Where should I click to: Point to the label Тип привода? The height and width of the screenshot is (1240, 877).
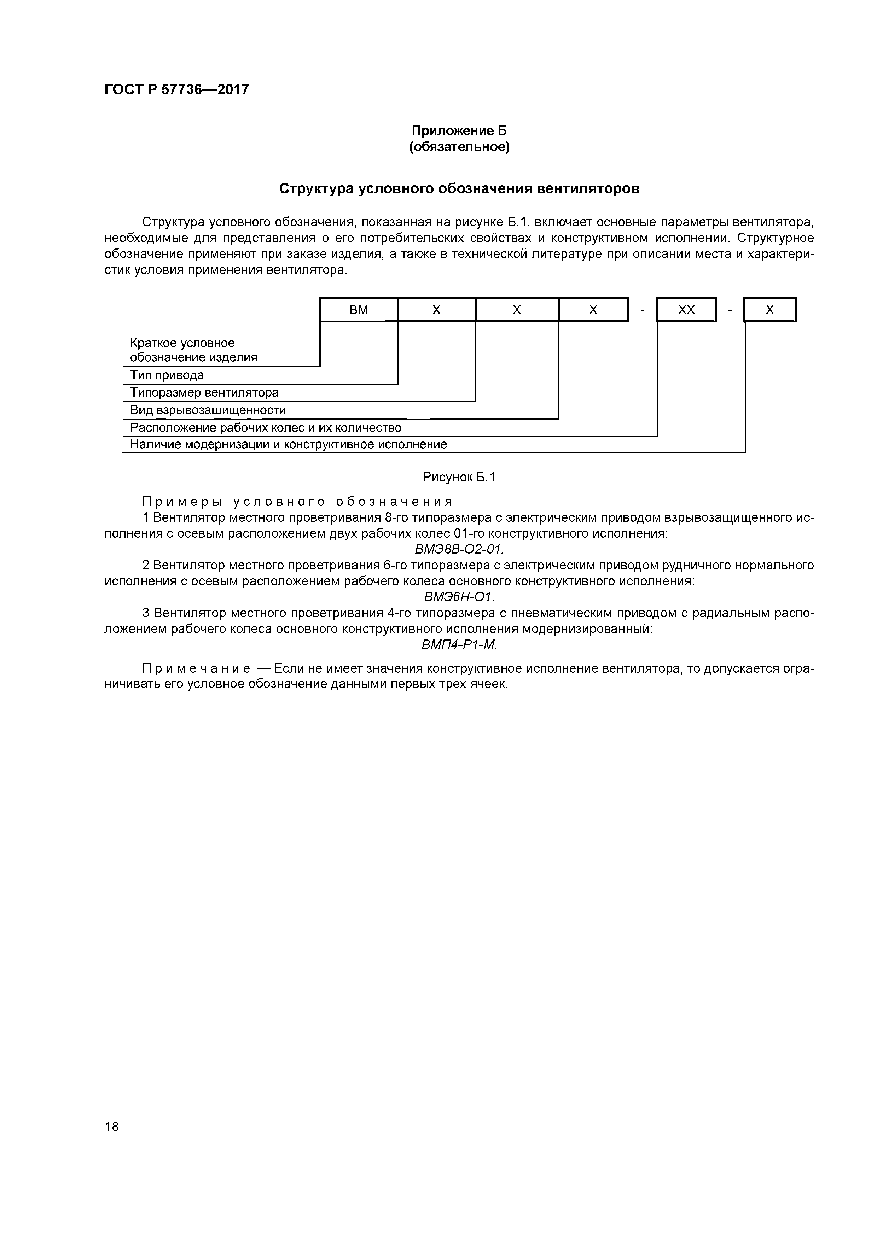[167, 375]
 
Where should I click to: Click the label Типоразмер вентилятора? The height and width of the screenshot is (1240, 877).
[204, 392]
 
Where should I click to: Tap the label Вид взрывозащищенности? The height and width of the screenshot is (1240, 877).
[208, 410]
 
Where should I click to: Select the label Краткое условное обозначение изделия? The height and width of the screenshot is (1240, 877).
[193, 350]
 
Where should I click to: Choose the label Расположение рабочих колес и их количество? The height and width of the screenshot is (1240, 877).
[266, 428]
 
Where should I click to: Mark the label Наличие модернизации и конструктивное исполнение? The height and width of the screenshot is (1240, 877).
[289, 444]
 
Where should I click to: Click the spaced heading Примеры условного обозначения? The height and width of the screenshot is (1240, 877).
[297, 502]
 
